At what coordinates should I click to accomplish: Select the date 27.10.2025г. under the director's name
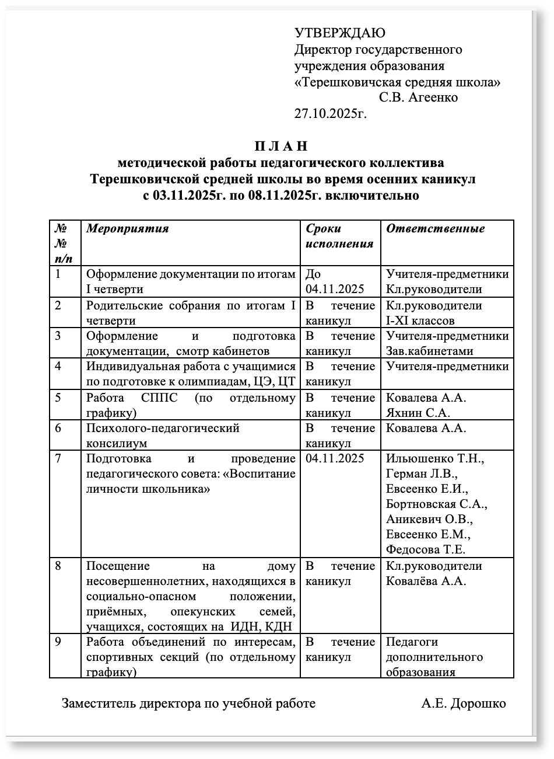[x=330, y=113]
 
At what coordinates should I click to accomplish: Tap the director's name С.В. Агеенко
[x=418, y=98]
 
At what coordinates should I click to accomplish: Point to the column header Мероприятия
[x=127, y=228]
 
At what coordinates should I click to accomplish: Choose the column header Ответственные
[x=435, y=228]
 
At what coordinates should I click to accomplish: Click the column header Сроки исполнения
[x=339, y=236]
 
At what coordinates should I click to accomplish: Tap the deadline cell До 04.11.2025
[x=334, y=281]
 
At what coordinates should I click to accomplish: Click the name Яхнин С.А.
[x=418, y=413]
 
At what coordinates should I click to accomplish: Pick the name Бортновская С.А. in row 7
[x=436, y=504]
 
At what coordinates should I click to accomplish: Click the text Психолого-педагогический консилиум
[x=163, y=436]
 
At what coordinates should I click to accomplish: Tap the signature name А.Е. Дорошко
[x=464, y=704]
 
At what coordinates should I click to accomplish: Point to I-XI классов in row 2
[x=420, y=320]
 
